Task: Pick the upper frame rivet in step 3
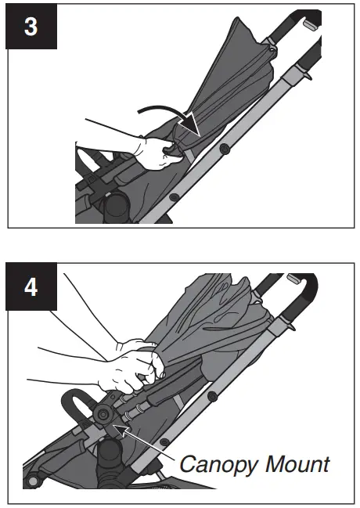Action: coord(225,147)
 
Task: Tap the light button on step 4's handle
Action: coord(295,279)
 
